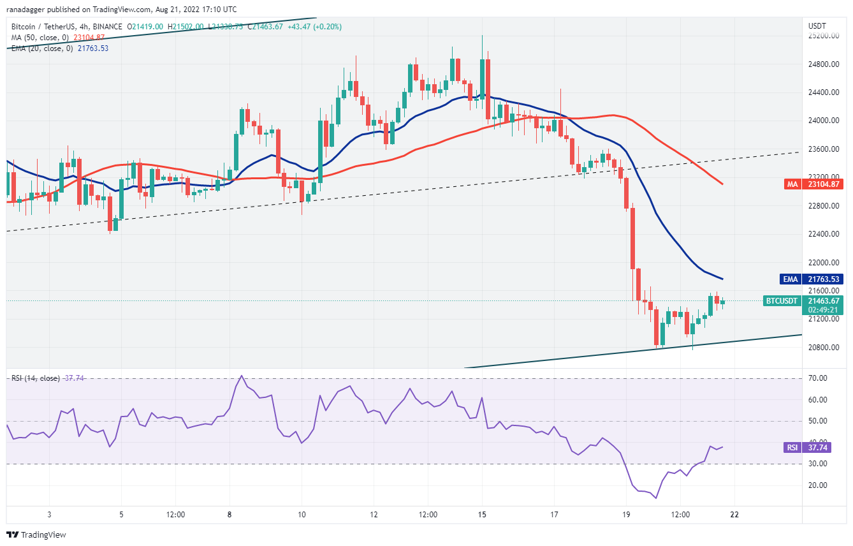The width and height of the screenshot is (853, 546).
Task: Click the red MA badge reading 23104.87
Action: coord(822,184)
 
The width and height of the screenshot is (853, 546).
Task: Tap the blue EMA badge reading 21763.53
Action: coord(822,279)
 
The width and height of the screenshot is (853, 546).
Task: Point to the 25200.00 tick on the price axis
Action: coord(823,36)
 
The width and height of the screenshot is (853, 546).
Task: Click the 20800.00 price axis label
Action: coord(823,347)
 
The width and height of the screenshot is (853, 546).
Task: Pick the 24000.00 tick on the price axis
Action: coord(823,121)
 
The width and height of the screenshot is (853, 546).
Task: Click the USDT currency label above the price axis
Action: coord(817,26)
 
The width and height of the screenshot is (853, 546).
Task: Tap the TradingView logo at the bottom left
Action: coord(36,535)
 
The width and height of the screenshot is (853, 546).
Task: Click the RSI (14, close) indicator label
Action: coord(34,378)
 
